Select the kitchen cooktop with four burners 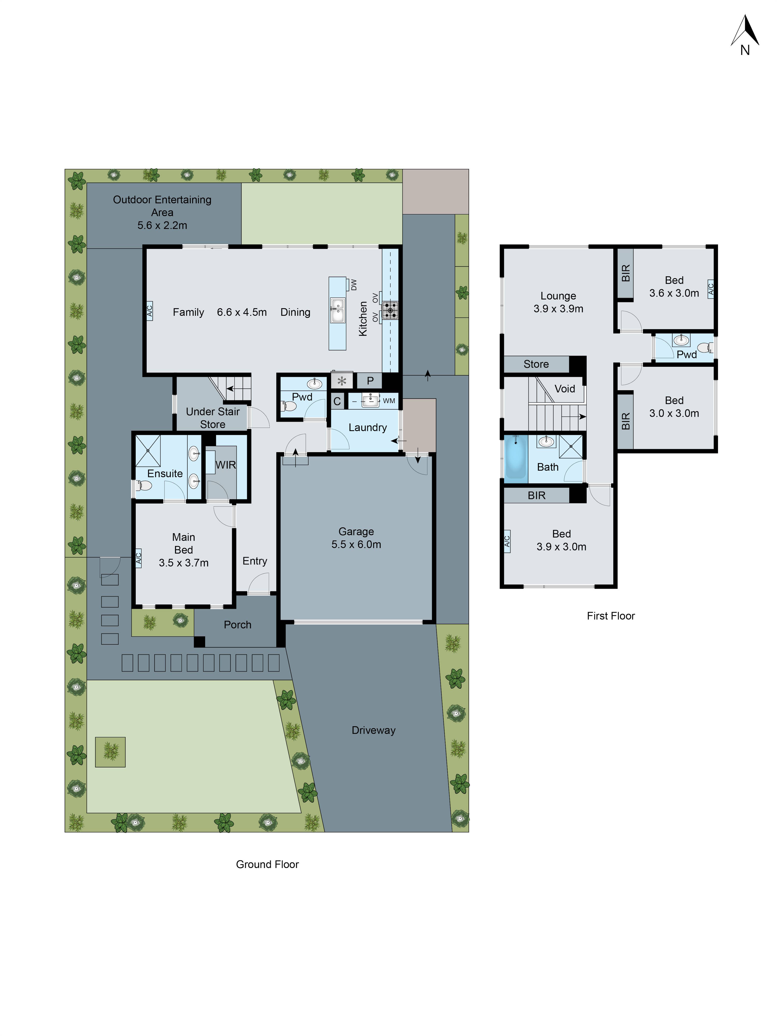point(390,310)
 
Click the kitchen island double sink point(337,310)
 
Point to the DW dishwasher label point(354,284)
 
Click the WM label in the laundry point(389,401)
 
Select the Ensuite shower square point(148,451)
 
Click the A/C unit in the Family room point(149,311)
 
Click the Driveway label point(373,730)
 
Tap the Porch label point(238,625)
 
